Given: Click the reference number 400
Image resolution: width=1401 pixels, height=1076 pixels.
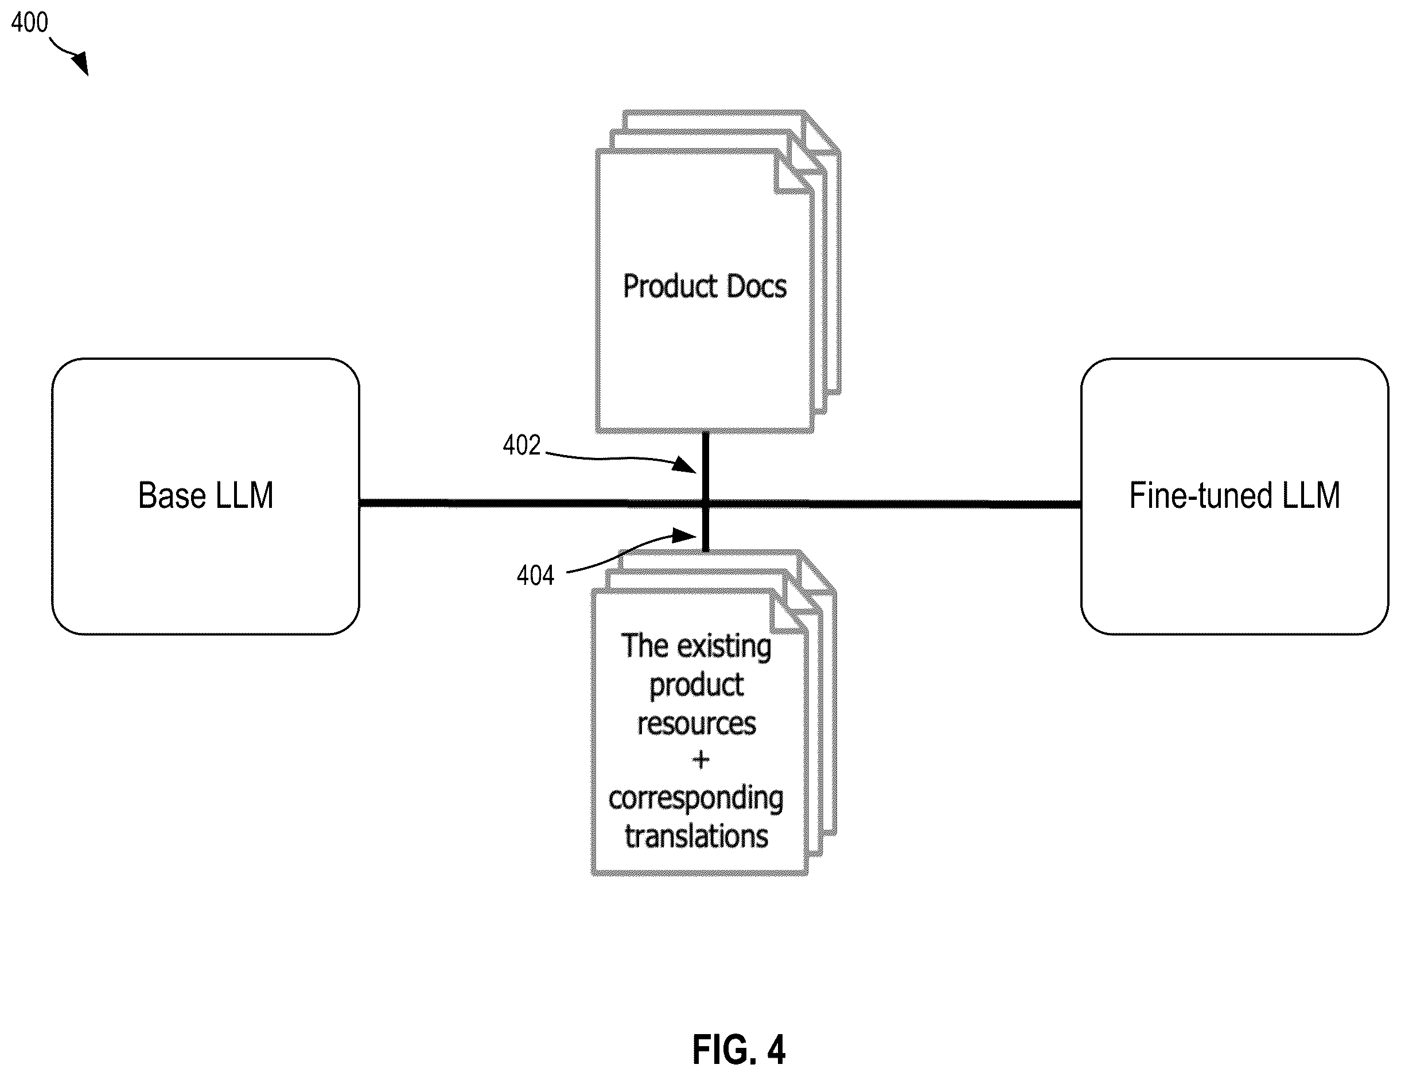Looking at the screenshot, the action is point(29,22).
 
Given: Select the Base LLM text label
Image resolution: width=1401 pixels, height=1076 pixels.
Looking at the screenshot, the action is point(205,496).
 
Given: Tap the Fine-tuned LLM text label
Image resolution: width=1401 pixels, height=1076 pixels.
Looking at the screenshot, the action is point(1234,496).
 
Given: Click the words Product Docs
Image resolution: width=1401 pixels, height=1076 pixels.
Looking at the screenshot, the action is point(705,286).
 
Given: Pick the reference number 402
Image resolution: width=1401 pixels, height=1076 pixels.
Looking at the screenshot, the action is point(522,445).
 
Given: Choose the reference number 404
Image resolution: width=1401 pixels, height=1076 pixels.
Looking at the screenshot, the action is point(535,576).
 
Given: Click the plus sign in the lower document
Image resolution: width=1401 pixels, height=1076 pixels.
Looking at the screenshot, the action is point(701,760).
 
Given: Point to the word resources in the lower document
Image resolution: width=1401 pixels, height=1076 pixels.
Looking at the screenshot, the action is point(696,724).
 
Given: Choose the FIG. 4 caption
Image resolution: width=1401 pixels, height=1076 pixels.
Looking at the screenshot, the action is point(738,1049).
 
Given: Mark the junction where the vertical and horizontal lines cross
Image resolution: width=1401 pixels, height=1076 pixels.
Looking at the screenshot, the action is point(706,504).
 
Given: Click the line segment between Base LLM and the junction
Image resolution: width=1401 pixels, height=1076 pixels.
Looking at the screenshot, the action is point(531,503).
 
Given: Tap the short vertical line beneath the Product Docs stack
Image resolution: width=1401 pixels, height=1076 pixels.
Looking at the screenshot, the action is point(706,465).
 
